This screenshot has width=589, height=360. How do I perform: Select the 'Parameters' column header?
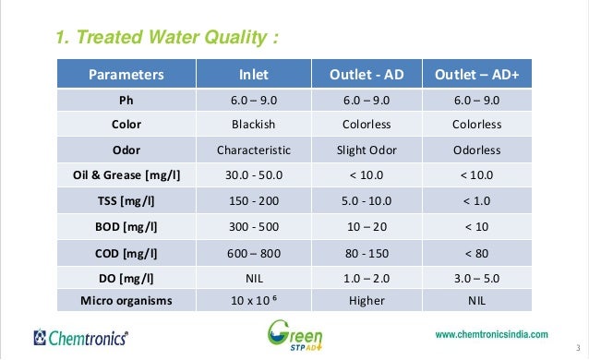click(x=126, y=74)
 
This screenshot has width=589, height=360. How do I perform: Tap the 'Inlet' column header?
click(x=254, y=74)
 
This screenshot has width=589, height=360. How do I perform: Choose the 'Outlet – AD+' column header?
click(x=477, y=74)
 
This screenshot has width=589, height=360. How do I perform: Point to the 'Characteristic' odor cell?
click(x=254, y=150)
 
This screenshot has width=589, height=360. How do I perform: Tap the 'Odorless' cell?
click(x=477, y=150)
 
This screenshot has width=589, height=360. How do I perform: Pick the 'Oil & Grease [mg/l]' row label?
click(x=126, y=174)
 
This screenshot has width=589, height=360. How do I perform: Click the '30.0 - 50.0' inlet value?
click(x=254, y=174)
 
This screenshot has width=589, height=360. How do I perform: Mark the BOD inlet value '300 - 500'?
click(x=254, y=224)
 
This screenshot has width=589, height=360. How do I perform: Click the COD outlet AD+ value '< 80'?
click(x=477, y=249)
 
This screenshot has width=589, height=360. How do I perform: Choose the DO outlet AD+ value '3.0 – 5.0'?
click(x=477, y=275)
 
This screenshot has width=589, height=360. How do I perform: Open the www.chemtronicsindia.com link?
click(x=490, y=334)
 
